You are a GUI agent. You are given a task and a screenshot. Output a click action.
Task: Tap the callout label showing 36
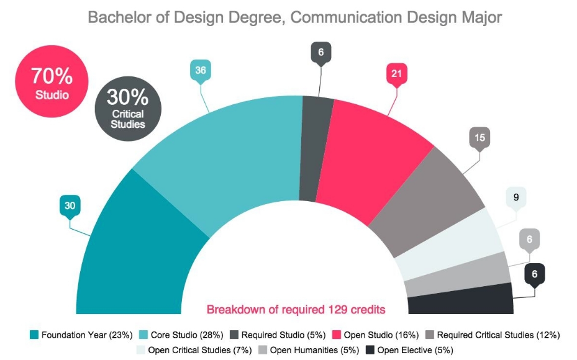tap(200, 71)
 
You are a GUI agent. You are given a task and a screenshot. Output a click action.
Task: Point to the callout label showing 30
tap(70, 205)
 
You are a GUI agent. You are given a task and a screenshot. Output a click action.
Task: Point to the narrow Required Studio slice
tap(316, 149)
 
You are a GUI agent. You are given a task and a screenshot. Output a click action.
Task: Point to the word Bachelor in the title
tap(118, 17)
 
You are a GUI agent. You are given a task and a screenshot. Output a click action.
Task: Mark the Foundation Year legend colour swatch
tap(34, 335)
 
